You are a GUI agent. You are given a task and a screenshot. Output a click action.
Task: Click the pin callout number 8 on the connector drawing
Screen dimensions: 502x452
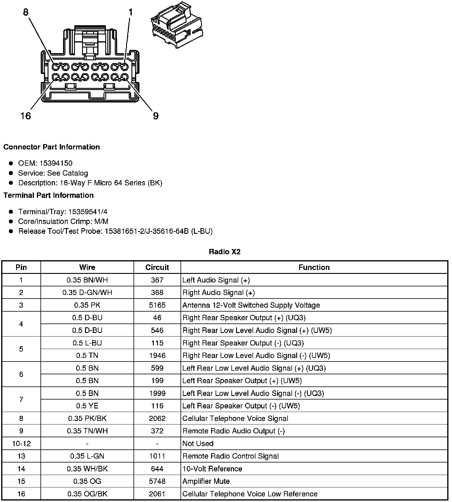(26, 12)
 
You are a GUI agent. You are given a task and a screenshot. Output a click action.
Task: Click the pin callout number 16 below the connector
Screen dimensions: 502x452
(26, 116)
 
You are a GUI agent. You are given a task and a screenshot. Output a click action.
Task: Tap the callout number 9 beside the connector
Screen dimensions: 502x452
(156, 116)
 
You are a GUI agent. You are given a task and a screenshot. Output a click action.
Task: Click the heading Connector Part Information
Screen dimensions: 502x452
(52, 147)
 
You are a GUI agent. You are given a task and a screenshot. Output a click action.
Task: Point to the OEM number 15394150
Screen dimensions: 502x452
(56, 163)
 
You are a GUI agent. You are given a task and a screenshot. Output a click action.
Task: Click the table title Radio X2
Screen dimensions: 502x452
(225, 252)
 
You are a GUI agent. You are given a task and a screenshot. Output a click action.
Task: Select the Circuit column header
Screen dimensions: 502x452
(157, 267)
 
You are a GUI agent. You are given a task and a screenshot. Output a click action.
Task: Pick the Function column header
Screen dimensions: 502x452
(314, 267)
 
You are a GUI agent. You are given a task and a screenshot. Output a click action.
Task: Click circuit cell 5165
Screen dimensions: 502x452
(157, 305)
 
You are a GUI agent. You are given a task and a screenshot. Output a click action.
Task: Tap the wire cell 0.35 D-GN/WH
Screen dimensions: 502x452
(87, 293)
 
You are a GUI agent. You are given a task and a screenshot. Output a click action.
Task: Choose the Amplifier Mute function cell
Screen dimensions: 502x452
(206, 481)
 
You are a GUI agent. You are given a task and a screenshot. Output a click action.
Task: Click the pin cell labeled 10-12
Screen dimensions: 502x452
(21, 443)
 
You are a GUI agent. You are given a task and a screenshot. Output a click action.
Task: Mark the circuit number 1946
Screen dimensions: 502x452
(157, 356)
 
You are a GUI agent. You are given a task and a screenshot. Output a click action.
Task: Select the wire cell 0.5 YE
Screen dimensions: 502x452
(87, 406)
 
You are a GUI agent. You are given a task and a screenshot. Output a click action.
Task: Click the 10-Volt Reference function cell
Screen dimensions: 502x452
(212, 469)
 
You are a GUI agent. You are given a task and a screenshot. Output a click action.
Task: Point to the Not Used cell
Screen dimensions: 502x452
(198, 443)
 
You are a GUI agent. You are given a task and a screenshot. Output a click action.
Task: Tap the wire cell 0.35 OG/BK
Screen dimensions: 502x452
(87, 494)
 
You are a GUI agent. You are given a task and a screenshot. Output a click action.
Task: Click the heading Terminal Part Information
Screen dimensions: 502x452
(48, 195)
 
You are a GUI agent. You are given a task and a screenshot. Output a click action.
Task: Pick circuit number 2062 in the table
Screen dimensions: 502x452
(157, 418)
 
